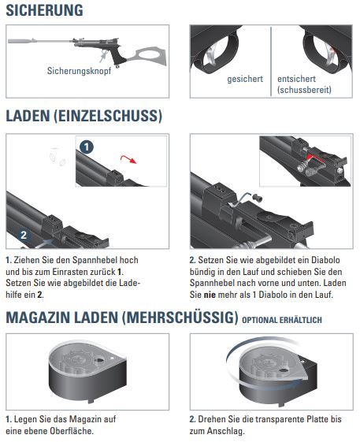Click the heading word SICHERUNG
point(45,10)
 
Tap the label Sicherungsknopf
point(80,71)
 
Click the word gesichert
point(245,79)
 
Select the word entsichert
point(296,79)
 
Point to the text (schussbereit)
point(304,90)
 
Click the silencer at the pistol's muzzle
point(22,41)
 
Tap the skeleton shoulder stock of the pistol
point(147,56)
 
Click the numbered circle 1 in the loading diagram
point(87,147)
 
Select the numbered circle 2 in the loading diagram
point(24,235)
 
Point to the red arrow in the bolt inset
point(314,158)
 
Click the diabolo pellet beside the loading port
point(257,199)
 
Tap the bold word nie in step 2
point(210,295)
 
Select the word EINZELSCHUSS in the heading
point(108,116)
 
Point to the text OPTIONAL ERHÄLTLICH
point(282,320)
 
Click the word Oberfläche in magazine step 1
point(72,431)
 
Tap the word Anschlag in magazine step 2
point(225,431)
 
